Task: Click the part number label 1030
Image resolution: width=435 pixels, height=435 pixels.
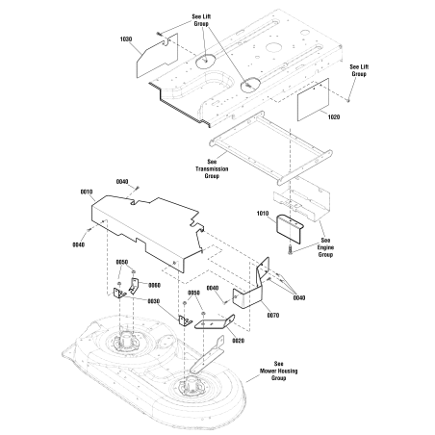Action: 126,39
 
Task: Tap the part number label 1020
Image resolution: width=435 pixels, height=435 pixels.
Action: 334,117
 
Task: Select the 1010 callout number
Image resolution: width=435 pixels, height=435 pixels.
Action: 263,214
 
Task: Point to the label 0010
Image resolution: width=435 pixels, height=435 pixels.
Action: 87,192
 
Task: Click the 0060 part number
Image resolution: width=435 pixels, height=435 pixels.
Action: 154,285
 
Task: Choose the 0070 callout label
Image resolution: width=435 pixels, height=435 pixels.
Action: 273,316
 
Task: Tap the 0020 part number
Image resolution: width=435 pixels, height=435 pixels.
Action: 238,341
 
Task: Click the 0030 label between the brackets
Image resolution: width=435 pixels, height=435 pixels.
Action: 153,301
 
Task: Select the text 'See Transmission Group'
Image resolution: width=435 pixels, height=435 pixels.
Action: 212,168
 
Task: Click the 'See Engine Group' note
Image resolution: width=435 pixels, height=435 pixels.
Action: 325,247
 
